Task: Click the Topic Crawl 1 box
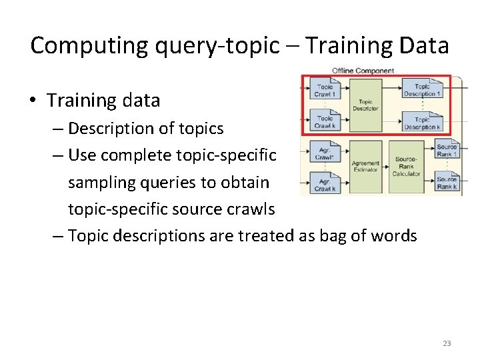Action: click(325, 91)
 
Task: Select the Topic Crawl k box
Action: click(325, 123)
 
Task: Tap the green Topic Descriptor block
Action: click(365, 105)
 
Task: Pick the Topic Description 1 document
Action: click(423, 91)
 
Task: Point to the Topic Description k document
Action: click(423, 123)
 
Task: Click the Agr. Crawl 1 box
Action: click(325, 153)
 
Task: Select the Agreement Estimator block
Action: click(365, 167)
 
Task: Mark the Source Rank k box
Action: click(446, 182)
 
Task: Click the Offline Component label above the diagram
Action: click(363, 71)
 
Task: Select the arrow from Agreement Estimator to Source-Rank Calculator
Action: click(386, 167)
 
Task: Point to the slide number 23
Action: click(447, 343)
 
